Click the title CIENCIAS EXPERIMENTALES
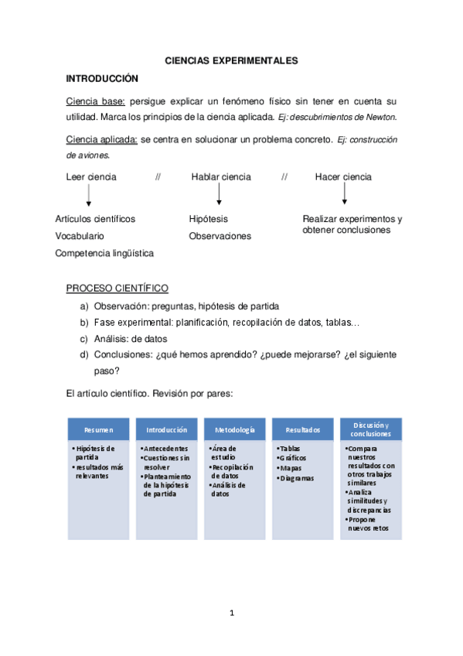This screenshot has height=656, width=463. pos(231,60)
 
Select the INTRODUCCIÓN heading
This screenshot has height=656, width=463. pos(101,78)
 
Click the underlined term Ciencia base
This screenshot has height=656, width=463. pos(96,101)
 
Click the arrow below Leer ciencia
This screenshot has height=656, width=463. pos(89,195)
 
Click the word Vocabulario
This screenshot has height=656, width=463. pos(80,236)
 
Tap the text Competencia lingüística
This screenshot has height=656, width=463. pos(104,253)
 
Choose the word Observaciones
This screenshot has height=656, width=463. pos(220,236)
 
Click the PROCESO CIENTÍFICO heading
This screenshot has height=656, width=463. pos(117,289)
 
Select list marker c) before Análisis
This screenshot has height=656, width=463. pos(83,339)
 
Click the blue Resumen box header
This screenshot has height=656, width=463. pos(99,429)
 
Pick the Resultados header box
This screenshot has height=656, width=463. pos(302,429)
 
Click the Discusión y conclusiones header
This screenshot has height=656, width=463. pos(370,429)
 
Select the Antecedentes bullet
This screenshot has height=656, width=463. pos(166,449)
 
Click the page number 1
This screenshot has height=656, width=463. pos(231,613)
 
